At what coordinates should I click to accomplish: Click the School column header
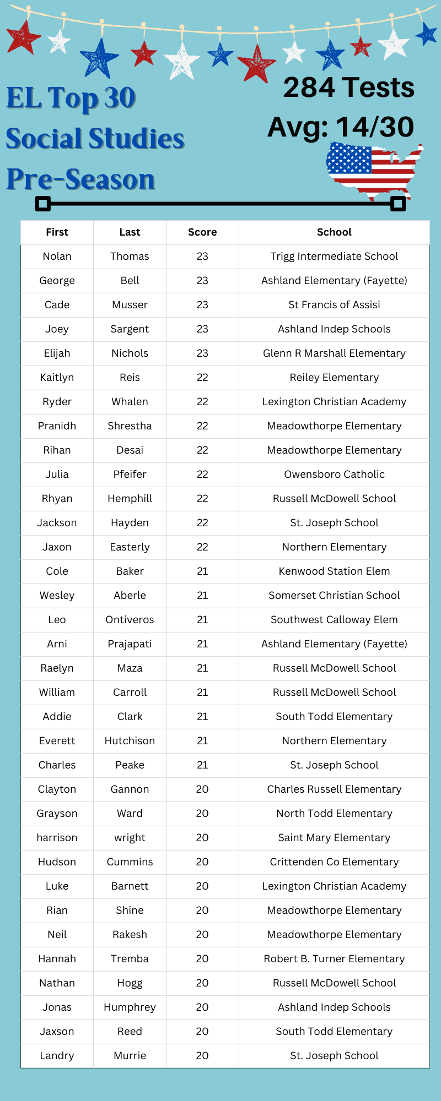(334, 232)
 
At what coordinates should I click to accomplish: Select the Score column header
(202, 232)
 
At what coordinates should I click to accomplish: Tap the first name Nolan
(57, 257)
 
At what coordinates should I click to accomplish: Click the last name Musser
(130, 305)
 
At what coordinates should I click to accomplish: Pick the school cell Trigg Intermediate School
(334, 257)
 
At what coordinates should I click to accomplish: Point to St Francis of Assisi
(334, 305)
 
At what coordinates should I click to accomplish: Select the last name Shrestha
(130, 426)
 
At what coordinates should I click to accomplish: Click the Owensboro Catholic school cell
(334, 475)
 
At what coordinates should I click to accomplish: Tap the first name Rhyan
(57, 499)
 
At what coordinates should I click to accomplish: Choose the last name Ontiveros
(130, 620)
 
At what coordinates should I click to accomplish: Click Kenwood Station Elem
(334, 571)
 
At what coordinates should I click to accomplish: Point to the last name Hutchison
(130, 741)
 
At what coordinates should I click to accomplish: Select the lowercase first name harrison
(57, 838)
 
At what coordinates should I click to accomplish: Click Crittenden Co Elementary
(334, 862)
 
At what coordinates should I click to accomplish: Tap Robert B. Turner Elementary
(334, 959)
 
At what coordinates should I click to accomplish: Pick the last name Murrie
(130, 1056)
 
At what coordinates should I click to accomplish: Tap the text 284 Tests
(348, 88)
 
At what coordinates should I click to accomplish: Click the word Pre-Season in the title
(81, 179)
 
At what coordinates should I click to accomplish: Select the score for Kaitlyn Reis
(202, 378)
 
